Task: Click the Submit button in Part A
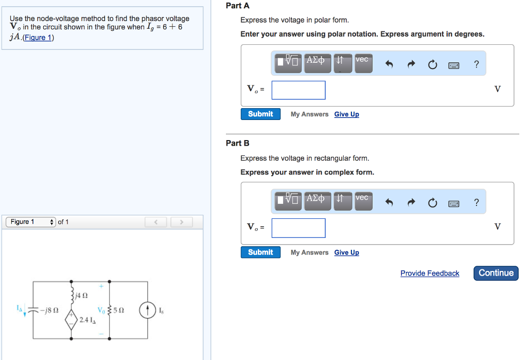click(260, 114)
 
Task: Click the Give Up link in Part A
click(346, 114)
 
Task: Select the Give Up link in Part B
click(346, 252)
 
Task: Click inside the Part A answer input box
click(298, 90)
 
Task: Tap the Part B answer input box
click(298, 228)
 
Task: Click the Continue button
click(496, 273)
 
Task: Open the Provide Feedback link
click(430, 273)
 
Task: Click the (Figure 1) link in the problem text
click(39, 38)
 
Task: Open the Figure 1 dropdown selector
click(31, 222)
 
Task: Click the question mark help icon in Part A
click(476, 64)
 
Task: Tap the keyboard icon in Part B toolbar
click(453, 203)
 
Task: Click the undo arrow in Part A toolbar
click(389, 65)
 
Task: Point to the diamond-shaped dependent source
click(72, 319)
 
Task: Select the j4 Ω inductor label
click(81, 296)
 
